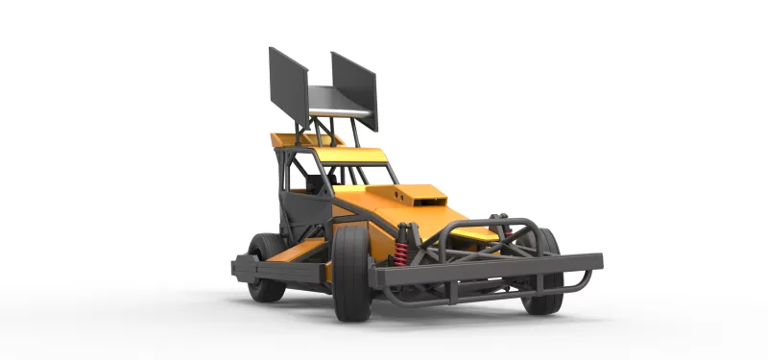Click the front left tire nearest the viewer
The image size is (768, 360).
(x=350, y=274)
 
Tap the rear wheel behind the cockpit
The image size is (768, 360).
(x=264, y=267)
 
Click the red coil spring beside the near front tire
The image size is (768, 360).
(x=402, y=249)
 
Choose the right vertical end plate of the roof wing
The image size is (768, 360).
(x=355, y=88)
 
